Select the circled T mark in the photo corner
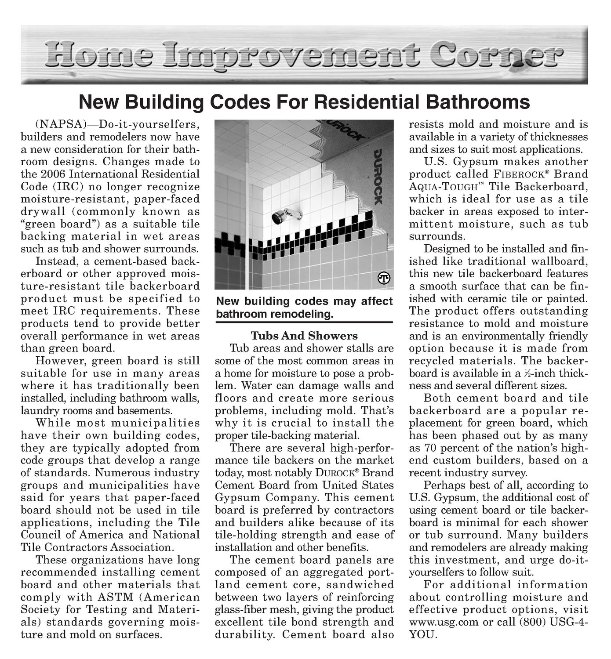[x=383, y=279]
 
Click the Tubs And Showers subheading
[x=304, y=336]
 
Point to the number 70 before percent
[x=433, y=448]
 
